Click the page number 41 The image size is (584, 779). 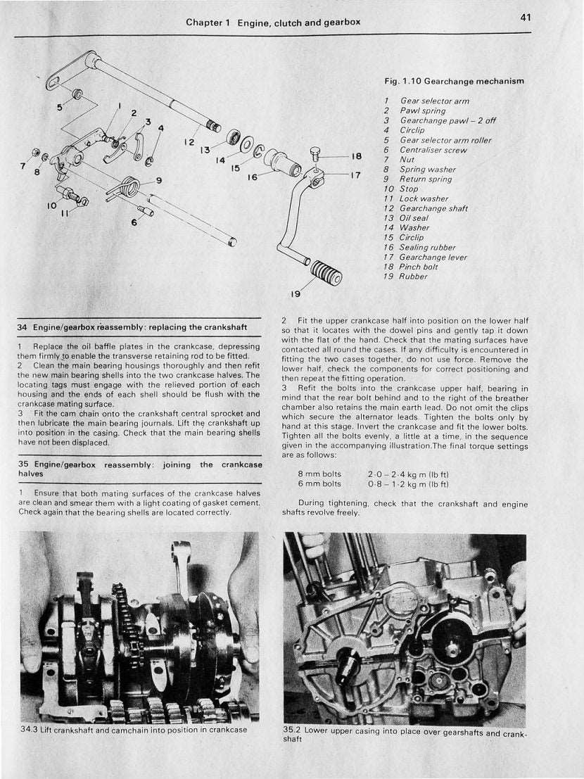(x=526, y=18)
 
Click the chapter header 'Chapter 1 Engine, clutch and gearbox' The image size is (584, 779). (x=273, y=23)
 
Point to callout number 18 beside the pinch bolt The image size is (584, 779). (x=357, y=156)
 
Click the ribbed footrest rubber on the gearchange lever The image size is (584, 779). (x=326, y=272)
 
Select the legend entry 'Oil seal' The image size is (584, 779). (x=414, y=218)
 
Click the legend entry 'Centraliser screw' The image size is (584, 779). (x=433, y=150)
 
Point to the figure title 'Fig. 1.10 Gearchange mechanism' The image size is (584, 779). (x=454, y=82)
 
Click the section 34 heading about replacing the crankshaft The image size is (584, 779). (x=132, y=327)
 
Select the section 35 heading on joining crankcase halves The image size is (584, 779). (x=139, y=469)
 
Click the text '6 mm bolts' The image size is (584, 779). (x=319, y=484)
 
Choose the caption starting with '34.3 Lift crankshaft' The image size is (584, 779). (x=134, y=730)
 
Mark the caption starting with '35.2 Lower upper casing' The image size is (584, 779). (x=404, y=734)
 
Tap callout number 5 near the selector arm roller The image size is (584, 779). (x=60, y=108)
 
